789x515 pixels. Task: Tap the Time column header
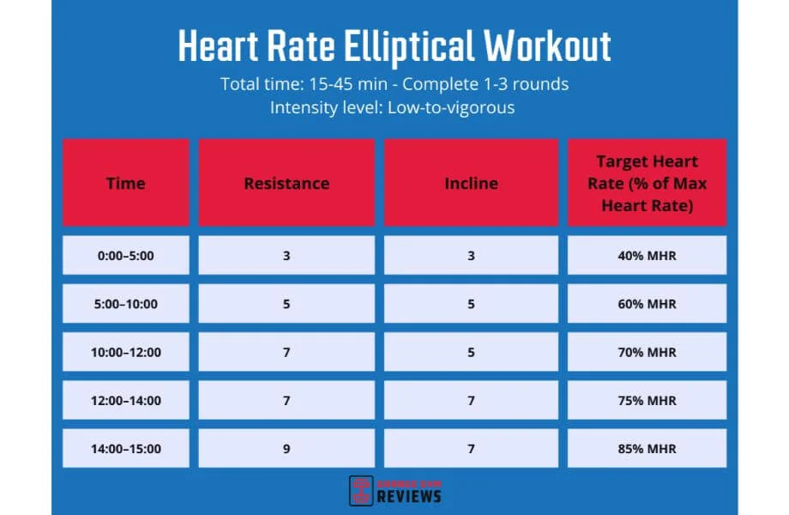(x=126, y=183)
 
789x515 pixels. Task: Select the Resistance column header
(x=286, y=183)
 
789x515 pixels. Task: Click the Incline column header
(x=471, y=183)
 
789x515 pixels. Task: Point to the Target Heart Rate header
(x=647, y=183)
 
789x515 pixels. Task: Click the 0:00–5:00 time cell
(x=126, y=255)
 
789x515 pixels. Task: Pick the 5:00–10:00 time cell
(x=126, y=304)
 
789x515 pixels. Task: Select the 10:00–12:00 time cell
(x=126, y=352)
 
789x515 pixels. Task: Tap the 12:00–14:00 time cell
(x=126, y=400)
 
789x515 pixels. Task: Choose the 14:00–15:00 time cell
(x=126, y=449)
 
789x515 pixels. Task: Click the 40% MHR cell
(x=647, y=255)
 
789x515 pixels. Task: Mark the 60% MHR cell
(x=647, y=304)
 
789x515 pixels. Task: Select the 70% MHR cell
(x=647, y=352)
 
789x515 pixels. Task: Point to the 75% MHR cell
(x=647, y=400)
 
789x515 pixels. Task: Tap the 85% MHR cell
(x=647, y=449)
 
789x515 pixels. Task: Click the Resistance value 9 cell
(x=286, y=449)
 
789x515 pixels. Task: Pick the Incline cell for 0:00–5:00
(x=471, y=255)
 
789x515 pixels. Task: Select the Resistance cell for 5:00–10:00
(x=286, y=304)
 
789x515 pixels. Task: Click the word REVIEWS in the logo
(x=409, y=496)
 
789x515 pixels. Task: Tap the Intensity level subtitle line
(x=394, y=108)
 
